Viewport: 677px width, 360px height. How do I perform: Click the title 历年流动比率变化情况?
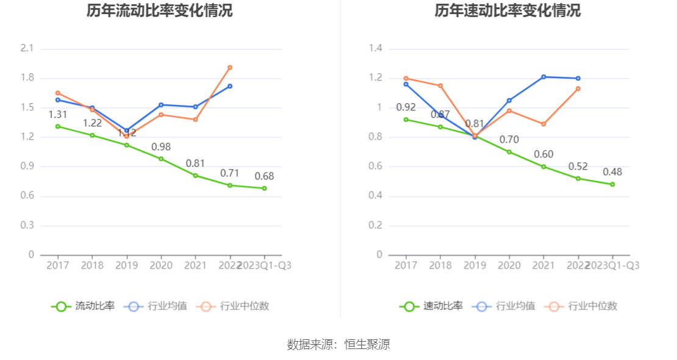159,11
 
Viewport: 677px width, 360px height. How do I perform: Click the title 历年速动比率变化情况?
507,11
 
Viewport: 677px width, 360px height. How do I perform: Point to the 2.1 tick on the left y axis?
28,49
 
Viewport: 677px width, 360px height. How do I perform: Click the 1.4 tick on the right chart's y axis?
376,49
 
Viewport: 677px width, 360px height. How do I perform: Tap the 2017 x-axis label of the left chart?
58,265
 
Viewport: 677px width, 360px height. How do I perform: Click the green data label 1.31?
58,115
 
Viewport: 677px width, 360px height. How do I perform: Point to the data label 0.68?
264,176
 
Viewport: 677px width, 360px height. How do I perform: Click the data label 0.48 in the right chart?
612,172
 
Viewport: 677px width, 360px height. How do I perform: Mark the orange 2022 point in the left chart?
230,68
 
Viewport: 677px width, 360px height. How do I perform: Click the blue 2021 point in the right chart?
543,77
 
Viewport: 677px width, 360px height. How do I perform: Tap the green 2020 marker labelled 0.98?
161,159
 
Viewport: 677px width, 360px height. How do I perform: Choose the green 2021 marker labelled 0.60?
543,167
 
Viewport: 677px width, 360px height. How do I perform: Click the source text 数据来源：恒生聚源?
338,345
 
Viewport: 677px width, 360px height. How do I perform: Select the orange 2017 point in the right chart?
406,78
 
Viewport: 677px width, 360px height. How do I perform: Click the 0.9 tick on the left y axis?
28,167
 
